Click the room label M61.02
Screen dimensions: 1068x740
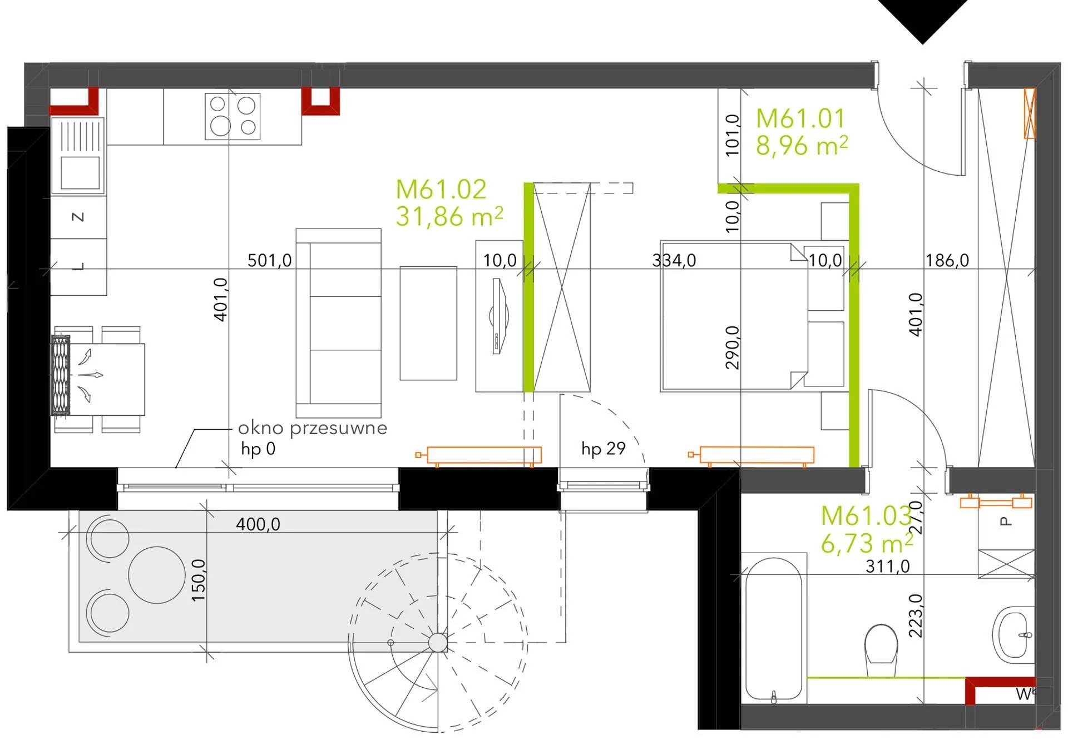[x=441, y=190]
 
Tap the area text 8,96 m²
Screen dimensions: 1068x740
[x=802, y=146]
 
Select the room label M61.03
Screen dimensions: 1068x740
[x=866, y=516]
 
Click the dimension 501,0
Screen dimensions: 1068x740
[x=269, y=260]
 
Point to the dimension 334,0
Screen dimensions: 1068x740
[x=674, y=260]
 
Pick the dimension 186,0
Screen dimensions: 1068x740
[x=947, y=260]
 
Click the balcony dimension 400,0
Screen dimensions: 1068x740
[x=258, y=524]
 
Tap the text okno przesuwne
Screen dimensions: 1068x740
[x=313, y=428]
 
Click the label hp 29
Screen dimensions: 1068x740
[x=604, y=448]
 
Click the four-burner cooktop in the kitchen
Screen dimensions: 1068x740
[x=233, y=116]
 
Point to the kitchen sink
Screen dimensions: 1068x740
[x=78, y=156]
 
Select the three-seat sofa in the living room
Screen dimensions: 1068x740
[x=339, y=322]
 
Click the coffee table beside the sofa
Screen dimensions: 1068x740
[x=428, y=323]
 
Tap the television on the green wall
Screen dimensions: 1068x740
[x=499, y=316]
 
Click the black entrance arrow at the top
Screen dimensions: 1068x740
[x=922, y=21]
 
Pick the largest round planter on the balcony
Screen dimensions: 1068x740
[x=157, y=575]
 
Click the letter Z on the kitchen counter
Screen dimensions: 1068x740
[x=78, y=216]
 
